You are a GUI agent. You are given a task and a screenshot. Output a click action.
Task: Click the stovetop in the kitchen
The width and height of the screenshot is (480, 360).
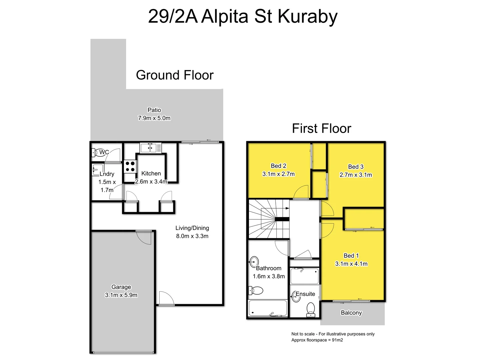tap(130, 166)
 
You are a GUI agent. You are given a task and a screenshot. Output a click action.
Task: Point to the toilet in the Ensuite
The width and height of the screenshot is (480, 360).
tap(311, 309)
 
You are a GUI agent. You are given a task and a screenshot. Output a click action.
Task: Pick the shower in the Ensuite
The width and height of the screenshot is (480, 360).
tap(304, 276)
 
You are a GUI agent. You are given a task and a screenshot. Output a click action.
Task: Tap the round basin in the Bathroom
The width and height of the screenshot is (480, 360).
tap(254, 261)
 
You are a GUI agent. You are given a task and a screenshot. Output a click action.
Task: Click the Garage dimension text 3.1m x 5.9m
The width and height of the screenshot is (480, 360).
tap(121, 295)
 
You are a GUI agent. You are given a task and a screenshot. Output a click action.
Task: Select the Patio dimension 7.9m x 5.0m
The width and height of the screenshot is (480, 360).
tap(154, 118)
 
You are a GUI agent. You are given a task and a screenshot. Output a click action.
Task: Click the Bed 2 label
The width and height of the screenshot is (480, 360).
tap(278, 166)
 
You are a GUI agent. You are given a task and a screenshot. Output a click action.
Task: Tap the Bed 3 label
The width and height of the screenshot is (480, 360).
tap(356, 167)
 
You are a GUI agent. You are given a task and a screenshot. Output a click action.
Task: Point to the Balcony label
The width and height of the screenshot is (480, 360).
tap(351, 313)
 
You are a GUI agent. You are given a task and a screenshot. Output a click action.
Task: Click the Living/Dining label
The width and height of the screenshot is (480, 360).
tap(192, 228)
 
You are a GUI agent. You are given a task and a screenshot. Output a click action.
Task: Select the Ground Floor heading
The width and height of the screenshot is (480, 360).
tap(175, 75)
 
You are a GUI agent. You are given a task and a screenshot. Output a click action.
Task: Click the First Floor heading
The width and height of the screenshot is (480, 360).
tap(321, 128)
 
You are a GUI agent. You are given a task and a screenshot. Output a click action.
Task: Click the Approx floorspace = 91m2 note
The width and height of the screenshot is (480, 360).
tap(317, 340)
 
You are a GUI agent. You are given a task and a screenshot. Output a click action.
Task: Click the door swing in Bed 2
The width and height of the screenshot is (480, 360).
tap(301, 192)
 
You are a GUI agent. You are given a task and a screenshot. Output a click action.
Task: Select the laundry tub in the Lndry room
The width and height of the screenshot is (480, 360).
tap(98, 170)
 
